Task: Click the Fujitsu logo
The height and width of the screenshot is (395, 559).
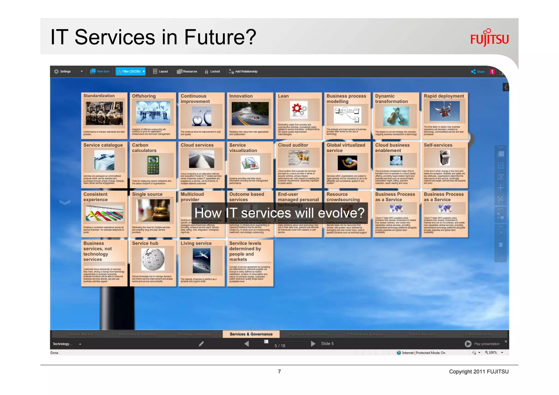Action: click(x=489, y=38)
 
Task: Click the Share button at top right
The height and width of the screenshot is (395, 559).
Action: click(x=478, y=72)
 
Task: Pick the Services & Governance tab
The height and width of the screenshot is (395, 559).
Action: click(x=251, y=334)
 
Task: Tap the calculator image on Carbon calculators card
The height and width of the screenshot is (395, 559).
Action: click(x=153, y=165)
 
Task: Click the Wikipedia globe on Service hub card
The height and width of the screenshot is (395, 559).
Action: click(x=153, y=259)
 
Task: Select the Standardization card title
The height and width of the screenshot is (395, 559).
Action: click(x=99, y=96)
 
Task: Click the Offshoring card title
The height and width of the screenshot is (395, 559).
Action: click(x=144, y=96)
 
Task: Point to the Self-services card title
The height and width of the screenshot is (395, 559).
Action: click(x=438, y=145)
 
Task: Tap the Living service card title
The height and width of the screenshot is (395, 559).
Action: click(x=196, y=243)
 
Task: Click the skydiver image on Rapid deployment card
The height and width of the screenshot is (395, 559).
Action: click(x=444, y=111)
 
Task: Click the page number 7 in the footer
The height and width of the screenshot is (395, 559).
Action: click(x=279, y=372)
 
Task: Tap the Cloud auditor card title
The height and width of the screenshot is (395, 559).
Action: click(x=293, y=145)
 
